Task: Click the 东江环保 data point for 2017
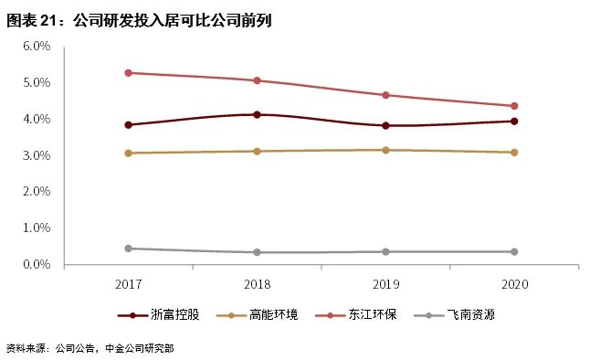(x=129, y=72)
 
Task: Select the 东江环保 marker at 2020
(x=514, y=106)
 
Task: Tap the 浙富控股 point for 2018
(x=257, y=114)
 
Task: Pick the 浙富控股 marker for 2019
(x=385, y=125)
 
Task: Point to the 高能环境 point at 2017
(x=129, y=153)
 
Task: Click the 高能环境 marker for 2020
(x=514, y=153)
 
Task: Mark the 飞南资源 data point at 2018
(x=257, y=252)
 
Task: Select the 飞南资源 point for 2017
(x=129, y=249)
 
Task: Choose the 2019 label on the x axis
(x=385, y=284)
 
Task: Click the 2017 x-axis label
(x=129, y=284)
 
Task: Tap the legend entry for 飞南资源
(x=471, y=315)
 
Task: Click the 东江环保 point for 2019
(x=385, y=95)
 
